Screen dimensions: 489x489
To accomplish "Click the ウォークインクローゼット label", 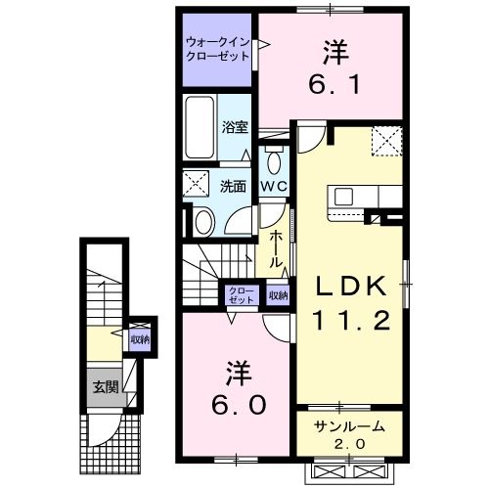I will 216,49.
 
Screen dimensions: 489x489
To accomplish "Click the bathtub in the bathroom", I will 200,130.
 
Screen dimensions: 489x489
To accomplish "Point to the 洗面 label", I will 231,186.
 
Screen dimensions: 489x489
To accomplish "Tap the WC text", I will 273,185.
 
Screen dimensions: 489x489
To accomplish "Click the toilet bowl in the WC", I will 274,162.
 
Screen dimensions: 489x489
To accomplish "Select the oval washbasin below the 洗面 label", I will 203,221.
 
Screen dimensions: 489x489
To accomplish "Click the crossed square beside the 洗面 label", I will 196,183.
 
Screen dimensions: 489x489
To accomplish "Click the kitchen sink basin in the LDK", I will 343,197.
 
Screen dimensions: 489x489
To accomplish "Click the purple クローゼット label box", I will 239,295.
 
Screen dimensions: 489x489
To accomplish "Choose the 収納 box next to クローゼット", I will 278,295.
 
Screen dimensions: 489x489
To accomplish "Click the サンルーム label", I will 350,426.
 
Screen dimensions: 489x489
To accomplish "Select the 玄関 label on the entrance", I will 106,386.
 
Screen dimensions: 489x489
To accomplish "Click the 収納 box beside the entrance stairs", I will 140,339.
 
